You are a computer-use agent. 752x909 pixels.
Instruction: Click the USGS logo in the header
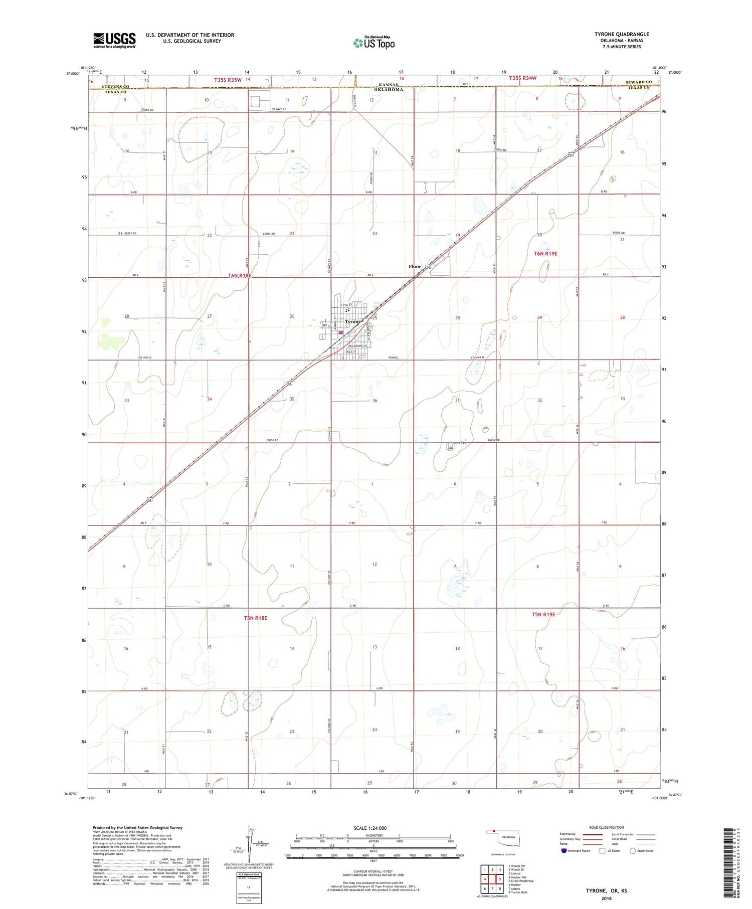tap(114, 40)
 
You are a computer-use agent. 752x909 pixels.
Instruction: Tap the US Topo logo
tap(374, 43)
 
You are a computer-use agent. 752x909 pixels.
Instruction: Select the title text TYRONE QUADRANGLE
tap(621, 34)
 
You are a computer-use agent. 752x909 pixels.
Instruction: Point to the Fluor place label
tap(415, 267)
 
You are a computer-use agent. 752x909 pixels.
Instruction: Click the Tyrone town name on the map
tap(353, 322)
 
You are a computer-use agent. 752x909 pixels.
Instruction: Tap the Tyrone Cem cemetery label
tap(459, 443)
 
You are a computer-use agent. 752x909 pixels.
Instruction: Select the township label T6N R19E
tap(545, 254)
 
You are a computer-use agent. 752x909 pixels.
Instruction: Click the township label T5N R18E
tap(256, 618)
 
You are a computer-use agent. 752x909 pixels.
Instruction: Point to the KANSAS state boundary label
tap(389, 85)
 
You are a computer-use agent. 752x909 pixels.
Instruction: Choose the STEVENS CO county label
tap(115, 87)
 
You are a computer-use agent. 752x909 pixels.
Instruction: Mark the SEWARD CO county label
tap(638, 82)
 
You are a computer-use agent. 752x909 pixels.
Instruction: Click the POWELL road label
tap(393, 357)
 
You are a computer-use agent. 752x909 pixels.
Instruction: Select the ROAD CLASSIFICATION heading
tap(606, 827)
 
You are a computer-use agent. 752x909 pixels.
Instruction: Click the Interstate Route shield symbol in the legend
tap(564, 850)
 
